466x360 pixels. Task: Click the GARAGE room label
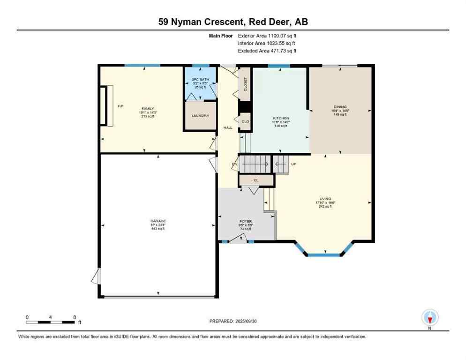(158, 221)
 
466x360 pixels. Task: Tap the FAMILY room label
(148, 108)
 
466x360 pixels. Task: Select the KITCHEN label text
(281, 118)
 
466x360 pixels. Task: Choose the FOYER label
(246, 221)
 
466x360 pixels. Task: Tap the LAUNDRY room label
(200, 116)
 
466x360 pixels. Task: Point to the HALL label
(227, 127)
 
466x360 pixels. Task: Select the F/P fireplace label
(120, 106)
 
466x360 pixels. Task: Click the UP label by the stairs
(293, 164)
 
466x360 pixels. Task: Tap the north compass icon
(429, 318)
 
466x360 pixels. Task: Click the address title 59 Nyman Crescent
(233, 22)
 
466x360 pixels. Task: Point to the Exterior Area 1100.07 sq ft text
(267, 35)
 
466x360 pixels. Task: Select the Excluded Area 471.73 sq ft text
(267, 51)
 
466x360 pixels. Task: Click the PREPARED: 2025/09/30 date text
(233, 321)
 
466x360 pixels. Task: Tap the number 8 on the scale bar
(74, 317)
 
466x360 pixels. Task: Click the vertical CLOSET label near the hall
(245, 85)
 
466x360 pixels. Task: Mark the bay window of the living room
(323, 255)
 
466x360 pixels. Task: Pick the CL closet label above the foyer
(256, 180)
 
